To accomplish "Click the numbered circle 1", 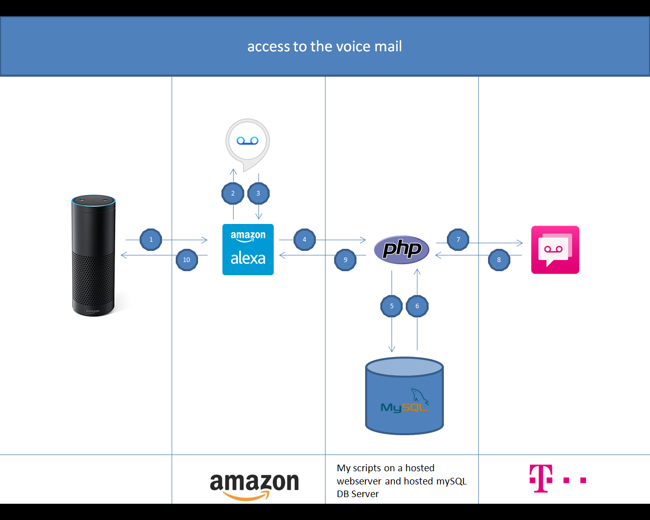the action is coord(151,240).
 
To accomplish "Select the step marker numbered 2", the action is coord(233,193).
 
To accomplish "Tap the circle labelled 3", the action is coord(258,193).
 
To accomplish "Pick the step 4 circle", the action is coord(305,240).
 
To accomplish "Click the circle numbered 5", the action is coord(392,306).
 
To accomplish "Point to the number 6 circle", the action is coord(417,306).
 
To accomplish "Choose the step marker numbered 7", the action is coord(458,240).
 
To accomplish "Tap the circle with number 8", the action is coord(499,260).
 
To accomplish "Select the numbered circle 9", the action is coord(345,260).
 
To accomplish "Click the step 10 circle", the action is coord(187,260).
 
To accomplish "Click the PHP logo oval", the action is coord(401,249).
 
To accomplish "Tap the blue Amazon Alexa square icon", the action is coord(248,249).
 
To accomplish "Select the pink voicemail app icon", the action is coord(555,250).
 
